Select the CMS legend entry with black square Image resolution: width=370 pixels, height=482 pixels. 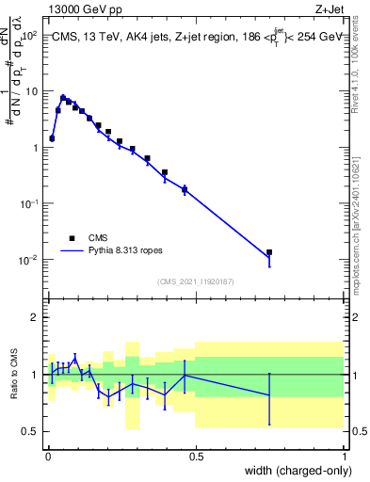point(72,238)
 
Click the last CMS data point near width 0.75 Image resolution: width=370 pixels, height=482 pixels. point(269,252)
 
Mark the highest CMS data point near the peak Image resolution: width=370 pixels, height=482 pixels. point(63,98)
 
